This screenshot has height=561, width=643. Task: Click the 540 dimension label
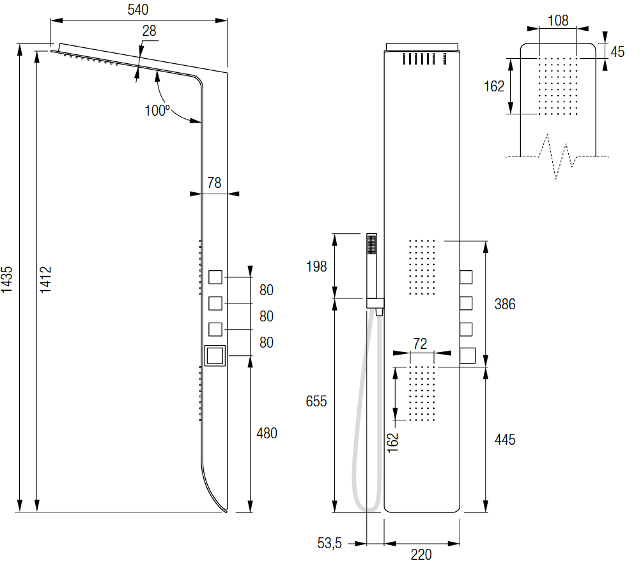point(138,10)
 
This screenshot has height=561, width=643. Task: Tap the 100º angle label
point(157,110)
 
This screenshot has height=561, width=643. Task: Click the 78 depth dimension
point(214,183)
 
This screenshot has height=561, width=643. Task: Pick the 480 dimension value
point(267,433)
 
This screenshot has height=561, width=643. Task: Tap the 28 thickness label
point(149,31)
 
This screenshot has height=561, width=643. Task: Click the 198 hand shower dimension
point(316,266)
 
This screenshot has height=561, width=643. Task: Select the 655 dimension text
point(316,401)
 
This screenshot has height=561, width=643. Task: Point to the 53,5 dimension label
point(330,543)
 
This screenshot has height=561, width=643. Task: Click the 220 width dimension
point(421,554)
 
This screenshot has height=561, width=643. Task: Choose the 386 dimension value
point(505,304)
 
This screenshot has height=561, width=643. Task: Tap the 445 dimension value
point(505,440)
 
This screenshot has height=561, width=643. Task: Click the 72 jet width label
point(420,343)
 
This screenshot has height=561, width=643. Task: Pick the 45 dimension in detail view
point(617,52)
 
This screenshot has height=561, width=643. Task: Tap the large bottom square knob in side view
point(215,356)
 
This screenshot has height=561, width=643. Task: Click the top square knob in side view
point(215,277)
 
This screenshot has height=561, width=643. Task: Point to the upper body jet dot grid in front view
point(422,268)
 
